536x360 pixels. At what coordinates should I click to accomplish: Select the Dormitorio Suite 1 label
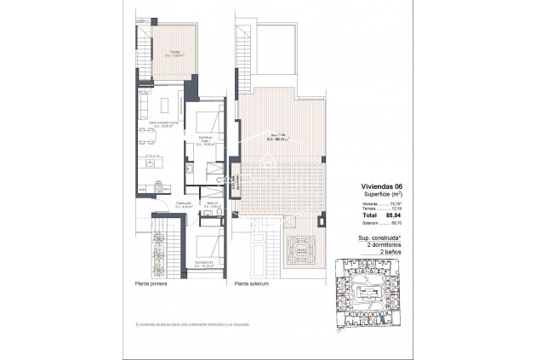pos(204,140)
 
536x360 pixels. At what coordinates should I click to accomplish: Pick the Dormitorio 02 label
pos(203,264)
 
